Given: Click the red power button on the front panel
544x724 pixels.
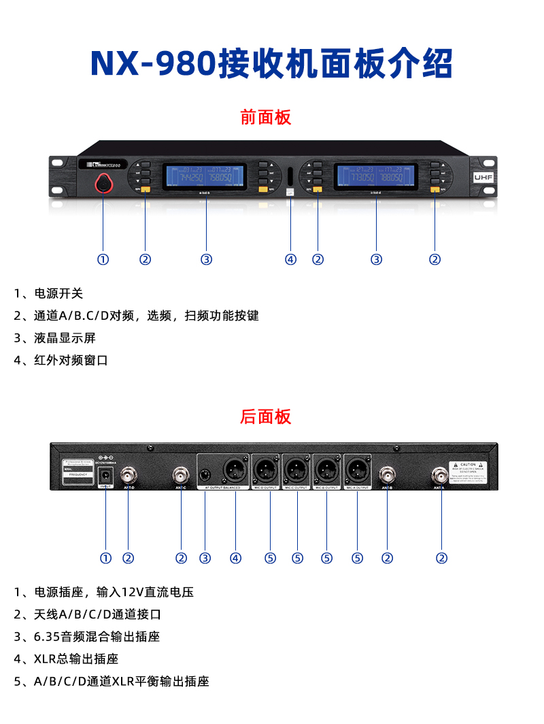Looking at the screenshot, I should [103, 182].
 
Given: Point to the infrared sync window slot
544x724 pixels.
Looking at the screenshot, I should [290, 176].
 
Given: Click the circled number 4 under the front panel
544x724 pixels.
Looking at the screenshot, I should [290, 259].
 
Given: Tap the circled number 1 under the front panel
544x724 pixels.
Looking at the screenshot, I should [103, 259].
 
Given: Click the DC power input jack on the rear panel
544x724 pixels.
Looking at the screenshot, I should [106, 474].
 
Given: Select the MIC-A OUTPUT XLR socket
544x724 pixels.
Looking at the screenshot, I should [357, 470].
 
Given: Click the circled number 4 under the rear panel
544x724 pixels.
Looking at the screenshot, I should [235, 558].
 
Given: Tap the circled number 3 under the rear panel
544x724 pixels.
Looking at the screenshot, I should [205, 558].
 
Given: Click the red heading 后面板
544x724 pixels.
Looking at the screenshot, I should [265, 416].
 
